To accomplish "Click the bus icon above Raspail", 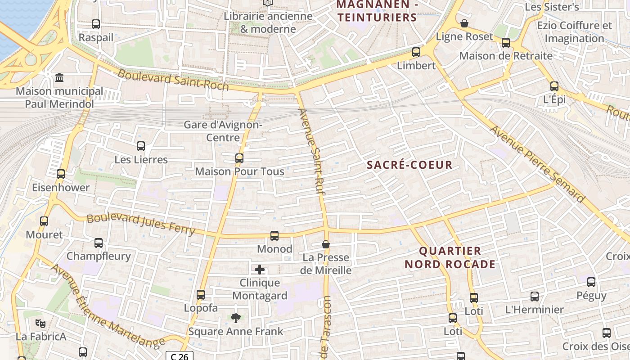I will [96, 24].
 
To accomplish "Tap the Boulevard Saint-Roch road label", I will [173, 80].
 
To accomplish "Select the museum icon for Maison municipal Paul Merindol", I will [59, 78].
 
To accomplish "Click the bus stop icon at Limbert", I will [416, 52].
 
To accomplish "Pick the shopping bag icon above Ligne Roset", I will [464, 23].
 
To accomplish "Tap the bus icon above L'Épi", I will [554, 86].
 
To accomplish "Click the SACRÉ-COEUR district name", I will [409, 165].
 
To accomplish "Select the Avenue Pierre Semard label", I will [537, 164].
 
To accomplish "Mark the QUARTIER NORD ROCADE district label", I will [450, 257].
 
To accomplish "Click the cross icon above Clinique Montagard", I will [260, 270].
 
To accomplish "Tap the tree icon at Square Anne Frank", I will [236, 318].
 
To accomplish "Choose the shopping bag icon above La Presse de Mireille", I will [326, 244].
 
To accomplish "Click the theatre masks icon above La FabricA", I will [40, 323].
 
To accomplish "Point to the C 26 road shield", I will [180, 356].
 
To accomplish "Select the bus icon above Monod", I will [274, 235].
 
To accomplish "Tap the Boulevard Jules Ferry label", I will [141, 224].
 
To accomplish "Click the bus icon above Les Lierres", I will [141, 146].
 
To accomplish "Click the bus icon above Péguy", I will [591, 282].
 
